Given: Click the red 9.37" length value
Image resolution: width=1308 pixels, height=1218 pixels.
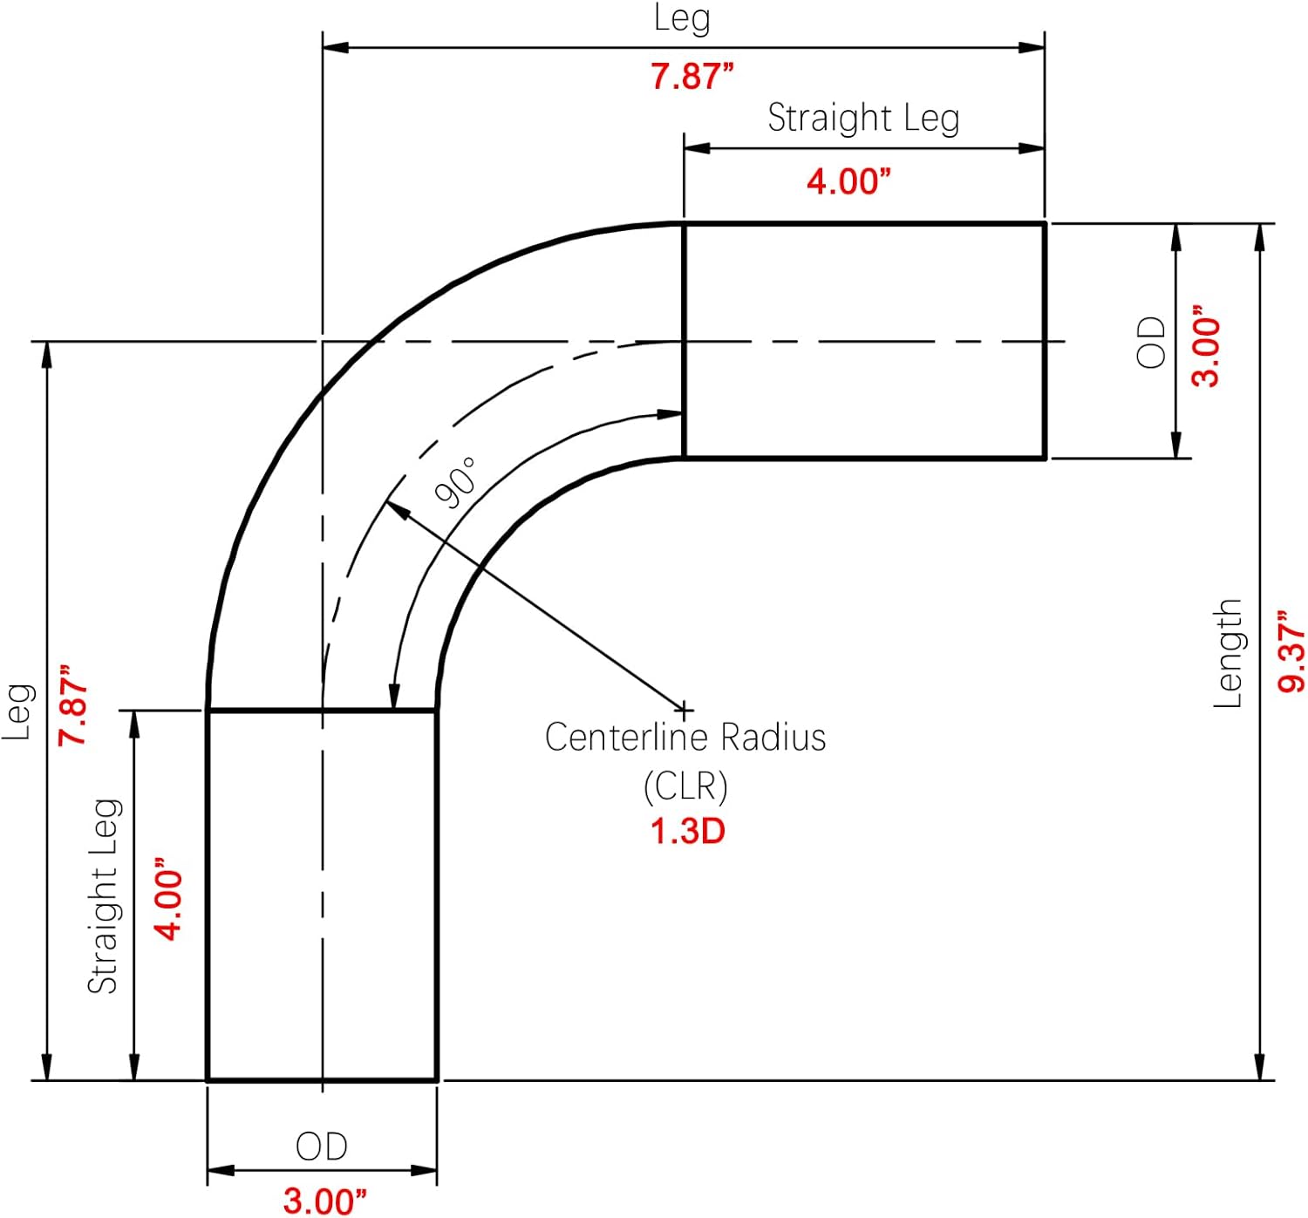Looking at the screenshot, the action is point(1291,651).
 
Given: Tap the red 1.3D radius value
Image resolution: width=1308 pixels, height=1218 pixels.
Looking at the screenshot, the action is point(688,831).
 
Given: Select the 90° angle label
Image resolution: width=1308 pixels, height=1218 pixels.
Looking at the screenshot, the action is point(456,483).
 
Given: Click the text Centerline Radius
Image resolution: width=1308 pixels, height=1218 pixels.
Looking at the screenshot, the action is point(685,737).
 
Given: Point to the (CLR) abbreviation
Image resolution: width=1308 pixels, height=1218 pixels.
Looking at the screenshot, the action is point(685,786).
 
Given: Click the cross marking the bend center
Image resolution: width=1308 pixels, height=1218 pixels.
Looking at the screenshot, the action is point(685,711).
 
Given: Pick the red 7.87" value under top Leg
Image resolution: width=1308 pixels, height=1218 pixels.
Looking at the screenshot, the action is point(691,77).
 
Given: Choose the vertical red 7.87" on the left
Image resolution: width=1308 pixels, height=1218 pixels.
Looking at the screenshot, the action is point(72,704).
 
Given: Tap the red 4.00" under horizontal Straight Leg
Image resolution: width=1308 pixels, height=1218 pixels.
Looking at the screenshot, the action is point(848,181).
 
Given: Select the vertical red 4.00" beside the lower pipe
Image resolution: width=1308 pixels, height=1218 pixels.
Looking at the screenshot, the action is point(168,899).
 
